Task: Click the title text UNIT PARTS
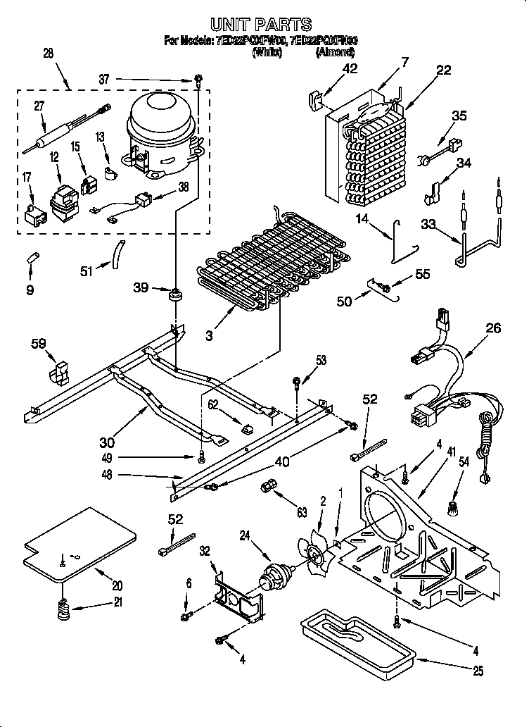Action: click(x=262, y=25)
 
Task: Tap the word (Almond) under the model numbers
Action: click(x=336, y=52)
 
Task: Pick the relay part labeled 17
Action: click(x=31, y=211)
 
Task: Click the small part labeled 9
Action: click(x=33, y=254)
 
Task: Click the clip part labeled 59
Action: click(x=59, y=371)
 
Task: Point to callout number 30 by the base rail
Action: click(x=106, y=442)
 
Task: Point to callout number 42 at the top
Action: click(x=350, y=68)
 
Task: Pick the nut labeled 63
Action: click(x=267, y=487)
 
